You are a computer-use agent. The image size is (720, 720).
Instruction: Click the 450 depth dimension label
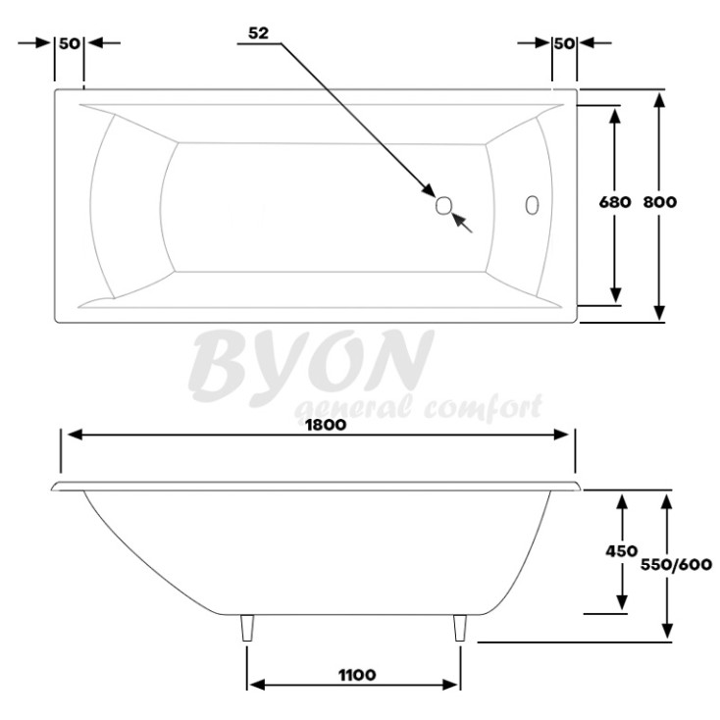621,551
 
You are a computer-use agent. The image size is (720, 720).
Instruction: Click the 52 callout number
258,32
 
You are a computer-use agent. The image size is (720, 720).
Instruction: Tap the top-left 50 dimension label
69,43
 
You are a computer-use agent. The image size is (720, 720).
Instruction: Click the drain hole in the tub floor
443,205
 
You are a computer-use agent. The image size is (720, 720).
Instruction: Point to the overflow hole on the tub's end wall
532,205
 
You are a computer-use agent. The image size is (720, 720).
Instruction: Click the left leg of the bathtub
246,628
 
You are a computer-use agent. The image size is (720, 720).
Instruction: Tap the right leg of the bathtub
459,628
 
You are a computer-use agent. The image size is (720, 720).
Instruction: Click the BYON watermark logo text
311,361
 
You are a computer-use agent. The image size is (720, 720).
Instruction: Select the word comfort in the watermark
480,406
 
